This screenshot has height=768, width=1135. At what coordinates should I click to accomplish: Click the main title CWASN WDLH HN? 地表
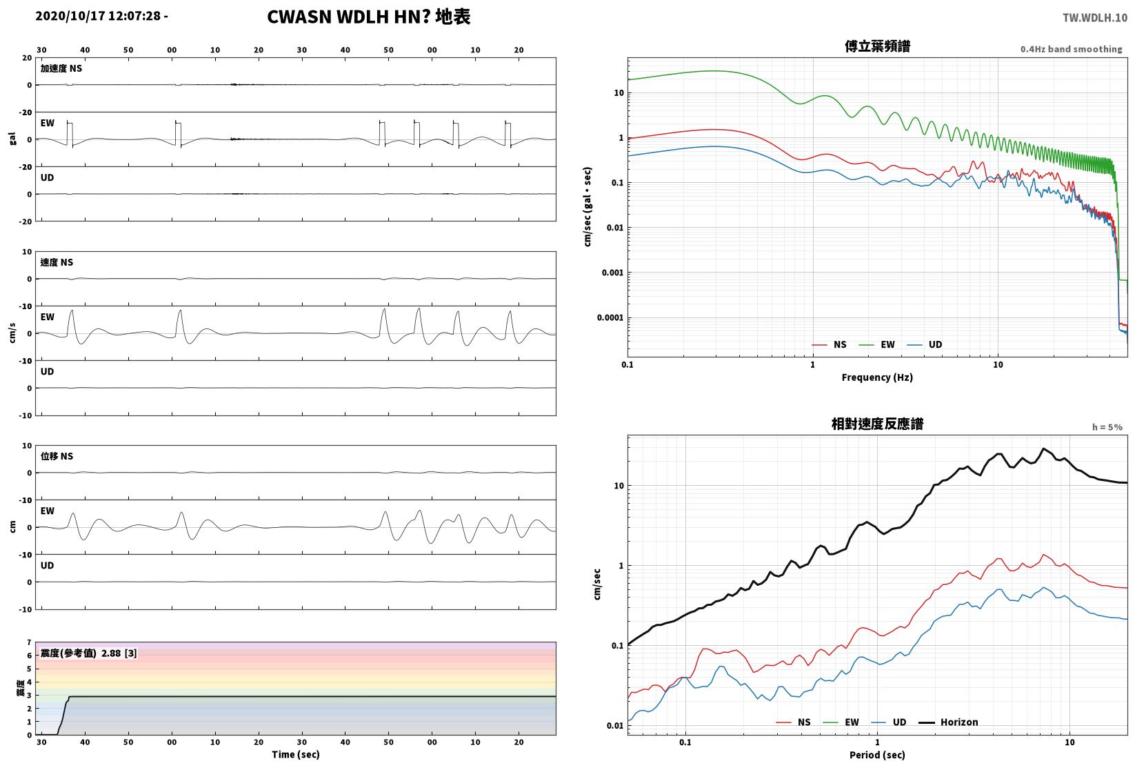pos(368,17)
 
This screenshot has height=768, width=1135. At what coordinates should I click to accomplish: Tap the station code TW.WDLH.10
pos(1095,18)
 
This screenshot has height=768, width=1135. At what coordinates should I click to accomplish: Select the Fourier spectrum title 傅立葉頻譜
pos(877,46)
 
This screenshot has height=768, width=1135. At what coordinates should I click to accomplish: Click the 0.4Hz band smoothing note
pos(1071,49)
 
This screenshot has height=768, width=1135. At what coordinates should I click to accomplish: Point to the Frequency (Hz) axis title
pos(877,377)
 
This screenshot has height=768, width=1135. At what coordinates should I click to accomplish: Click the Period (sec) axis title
pos(877,755)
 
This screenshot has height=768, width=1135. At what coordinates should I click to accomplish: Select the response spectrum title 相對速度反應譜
pos(877,424)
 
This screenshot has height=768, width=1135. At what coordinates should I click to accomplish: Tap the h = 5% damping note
pos(1107,427)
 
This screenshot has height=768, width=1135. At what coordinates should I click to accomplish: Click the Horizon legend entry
pos(949,722)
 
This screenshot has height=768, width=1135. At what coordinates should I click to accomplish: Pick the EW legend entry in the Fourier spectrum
pos(877,345)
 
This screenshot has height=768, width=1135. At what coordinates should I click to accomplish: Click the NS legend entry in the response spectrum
pos(794,722)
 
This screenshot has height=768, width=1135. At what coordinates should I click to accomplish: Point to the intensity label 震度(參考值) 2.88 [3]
pos(89,653)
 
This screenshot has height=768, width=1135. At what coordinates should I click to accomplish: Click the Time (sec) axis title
pos(295,754)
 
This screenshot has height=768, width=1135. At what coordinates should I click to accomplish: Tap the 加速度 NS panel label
pos(61,68)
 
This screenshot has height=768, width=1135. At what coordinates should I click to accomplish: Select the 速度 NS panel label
pos(57,262)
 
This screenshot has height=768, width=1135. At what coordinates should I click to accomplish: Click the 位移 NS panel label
pos(57,456)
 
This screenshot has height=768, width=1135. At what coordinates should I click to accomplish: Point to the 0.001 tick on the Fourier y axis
pos(612,273)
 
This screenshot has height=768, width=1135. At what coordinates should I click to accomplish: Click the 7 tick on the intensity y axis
pos(30,643)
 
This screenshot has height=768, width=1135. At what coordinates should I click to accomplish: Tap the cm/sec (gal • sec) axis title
pos(587,207)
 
